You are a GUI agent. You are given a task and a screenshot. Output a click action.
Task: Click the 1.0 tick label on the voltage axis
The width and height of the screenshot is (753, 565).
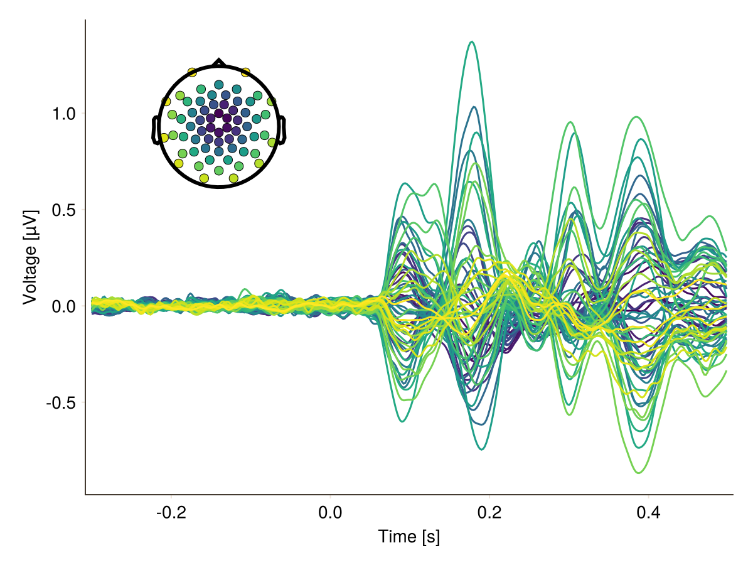tap(63, 114)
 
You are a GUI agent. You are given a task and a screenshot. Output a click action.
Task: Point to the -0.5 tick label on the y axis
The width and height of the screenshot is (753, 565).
tap(61, 404)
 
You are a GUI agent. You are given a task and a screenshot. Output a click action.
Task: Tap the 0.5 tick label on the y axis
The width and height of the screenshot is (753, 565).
tap(63, 210)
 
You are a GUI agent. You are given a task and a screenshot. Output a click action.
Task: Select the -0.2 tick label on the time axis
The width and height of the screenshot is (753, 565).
tap(171, 513)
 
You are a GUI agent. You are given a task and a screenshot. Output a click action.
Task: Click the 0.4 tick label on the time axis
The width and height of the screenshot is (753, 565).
tap(648, 513)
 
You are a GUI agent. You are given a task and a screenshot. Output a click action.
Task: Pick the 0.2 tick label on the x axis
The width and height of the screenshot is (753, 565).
tap(489, 513)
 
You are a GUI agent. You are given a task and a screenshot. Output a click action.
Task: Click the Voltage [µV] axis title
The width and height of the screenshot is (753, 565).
tap(30, 257)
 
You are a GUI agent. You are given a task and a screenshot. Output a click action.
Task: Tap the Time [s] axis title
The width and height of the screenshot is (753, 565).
tap(409, 537)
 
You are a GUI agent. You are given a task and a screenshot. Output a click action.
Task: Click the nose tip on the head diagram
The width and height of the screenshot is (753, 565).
tap(218, 60)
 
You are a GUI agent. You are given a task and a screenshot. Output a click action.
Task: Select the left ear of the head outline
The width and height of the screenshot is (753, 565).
tap(155, 130)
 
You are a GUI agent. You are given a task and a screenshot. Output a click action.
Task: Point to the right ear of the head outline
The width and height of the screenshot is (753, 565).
tap(282, 130)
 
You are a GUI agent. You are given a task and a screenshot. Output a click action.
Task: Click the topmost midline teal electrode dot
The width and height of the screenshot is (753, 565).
tap(218, 85)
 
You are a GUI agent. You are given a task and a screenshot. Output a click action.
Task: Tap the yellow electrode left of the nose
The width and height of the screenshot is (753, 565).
tap(192, 72)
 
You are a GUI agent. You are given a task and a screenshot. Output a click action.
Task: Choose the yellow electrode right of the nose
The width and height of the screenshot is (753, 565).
tap(245, 72)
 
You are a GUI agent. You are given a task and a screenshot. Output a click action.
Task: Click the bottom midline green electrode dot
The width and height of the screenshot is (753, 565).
tap(218, 171)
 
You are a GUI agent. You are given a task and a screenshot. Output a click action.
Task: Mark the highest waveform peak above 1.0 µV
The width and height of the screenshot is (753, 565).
tap(473, 42)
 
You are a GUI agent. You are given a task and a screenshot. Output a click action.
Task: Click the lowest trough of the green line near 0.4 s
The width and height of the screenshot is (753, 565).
tap(638, 473)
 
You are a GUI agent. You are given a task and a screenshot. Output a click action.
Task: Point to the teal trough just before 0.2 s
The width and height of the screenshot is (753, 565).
tap(482, 449)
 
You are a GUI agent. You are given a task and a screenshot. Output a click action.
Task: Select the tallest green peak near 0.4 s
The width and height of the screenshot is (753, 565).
tap(637, 117)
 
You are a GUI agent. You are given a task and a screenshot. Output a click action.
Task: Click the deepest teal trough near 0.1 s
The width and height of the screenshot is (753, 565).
tap(402, 421)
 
